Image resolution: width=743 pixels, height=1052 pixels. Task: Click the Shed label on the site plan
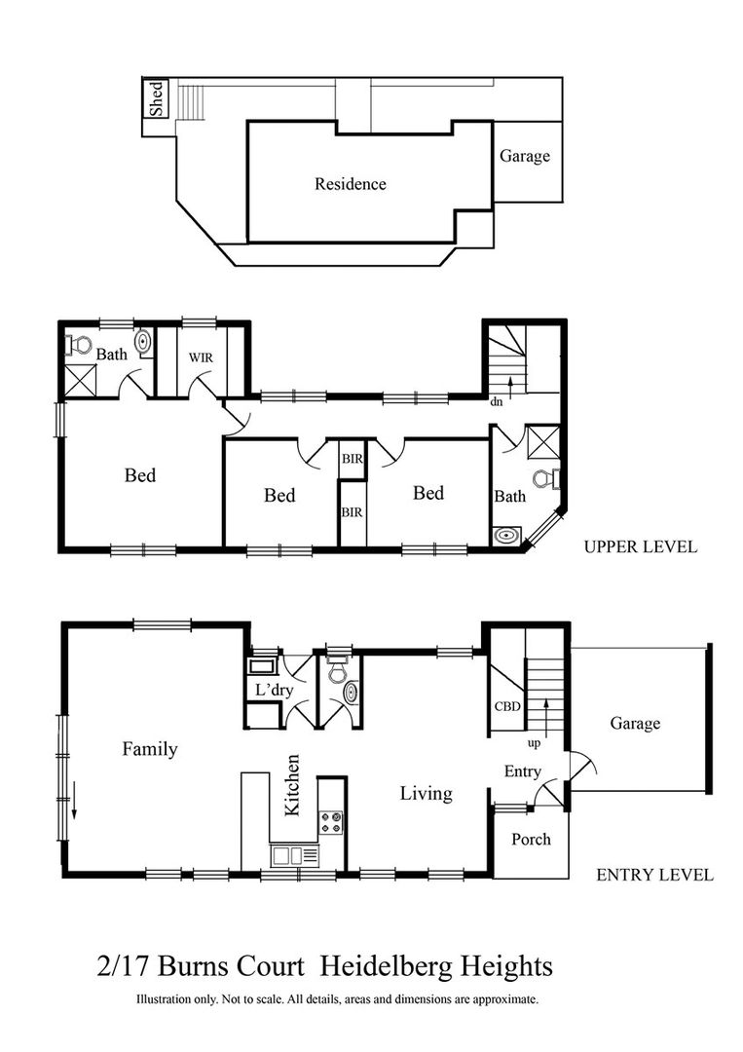tap(156, 98)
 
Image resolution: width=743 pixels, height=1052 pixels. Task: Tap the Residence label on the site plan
tap(350, 184)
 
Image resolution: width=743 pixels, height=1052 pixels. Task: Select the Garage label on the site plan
tap(525, 156)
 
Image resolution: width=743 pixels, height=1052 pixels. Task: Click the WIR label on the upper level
tap(202, 357)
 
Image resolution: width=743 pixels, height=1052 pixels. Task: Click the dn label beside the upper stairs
tap(496, 400)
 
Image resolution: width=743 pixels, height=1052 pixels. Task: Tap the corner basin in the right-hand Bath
tap(505, 535)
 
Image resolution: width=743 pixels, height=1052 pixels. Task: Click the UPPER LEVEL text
tap(640, 546)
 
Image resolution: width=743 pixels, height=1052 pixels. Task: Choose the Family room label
tap(150, 749)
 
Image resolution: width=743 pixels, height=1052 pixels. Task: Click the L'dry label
tap(270, 690)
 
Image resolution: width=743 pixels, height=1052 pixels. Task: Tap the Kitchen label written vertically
tap(292, 784)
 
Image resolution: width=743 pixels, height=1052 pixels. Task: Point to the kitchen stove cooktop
tap(332, 822)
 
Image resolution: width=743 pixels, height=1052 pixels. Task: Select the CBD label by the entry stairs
tap(504, 707)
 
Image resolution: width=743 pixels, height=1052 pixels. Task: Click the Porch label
tap(531, 839)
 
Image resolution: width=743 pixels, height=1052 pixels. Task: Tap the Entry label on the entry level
tap(522, 771)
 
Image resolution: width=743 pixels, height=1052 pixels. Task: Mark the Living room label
tap(427, 794)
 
